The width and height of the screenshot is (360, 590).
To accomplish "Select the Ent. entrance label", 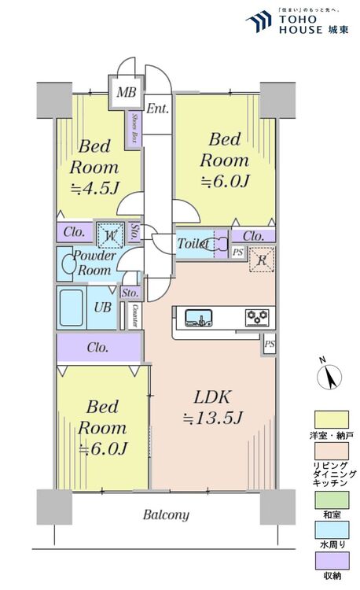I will pos(157,109).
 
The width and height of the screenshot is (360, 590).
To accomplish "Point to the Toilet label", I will pos(192,242).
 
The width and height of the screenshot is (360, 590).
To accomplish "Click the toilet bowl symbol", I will pos(219,243).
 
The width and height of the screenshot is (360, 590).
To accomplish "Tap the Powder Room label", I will pos(94,263).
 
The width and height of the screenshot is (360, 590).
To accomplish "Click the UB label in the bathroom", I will pos(102,308).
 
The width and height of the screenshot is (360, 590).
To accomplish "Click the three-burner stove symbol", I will pos(256,318).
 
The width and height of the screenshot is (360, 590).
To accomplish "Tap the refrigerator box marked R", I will pos(261,260).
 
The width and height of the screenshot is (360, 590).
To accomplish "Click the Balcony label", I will pos(165,515).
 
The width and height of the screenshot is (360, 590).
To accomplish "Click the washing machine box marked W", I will pos(108,234).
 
